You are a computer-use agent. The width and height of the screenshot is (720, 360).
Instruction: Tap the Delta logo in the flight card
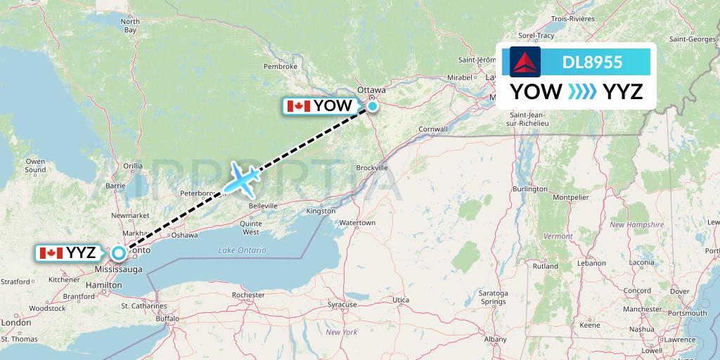pos(521,62)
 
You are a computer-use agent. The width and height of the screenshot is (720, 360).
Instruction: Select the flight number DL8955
pos(593,62)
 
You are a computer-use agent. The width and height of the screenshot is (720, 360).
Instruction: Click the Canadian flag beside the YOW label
pos(299,106)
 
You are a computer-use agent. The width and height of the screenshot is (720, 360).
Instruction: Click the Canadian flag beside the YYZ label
pos(51,253)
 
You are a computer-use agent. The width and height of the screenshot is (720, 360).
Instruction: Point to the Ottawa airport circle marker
pos(372,106)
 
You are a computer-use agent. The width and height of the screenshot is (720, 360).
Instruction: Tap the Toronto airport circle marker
pos(119,252)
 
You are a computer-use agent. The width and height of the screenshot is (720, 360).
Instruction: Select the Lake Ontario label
pos(242,250)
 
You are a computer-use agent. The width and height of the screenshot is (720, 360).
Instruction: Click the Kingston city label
pos(320,211)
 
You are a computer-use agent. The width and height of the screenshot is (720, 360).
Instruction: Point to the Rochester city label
pos(247,295)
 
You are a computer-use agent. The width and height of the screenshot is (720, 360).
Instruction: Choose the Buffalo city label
pos(168,319)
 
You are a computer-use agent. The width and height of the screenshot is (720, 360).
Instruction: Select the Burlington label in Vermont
pos(529,189)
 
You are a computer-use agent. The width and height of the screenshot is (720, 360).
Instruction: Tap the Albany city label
pos(495,339)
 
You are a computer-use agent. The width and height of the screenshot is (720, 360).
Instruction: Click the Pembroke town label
pos(281,67)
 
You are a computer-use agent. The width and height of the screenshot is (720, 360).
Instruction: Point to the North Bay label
pos(130,26)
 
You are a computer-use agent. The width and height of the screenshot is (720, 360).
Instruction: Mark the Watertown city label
pos(357,223)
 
